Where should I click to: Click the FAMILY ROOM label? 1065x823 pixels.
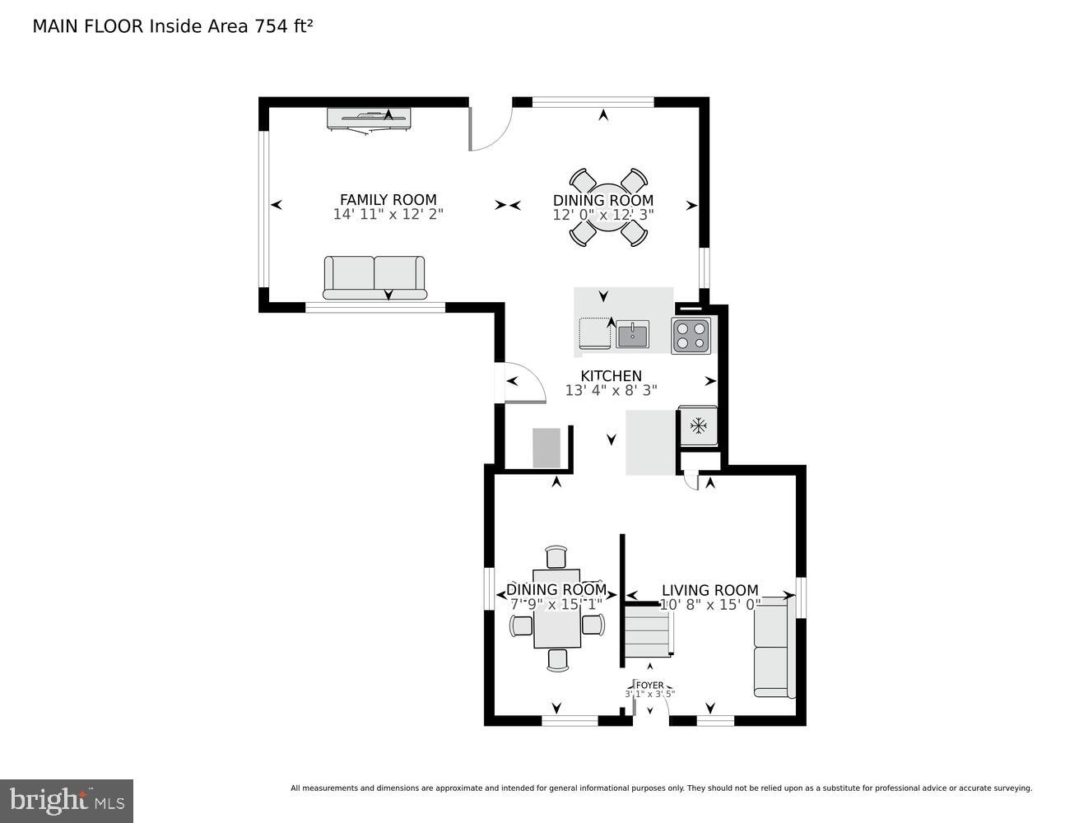point(388,199)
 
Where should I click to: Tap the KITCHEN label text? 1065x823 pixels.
point(611,376)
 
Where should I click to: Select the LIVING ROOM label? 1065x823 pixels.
point(709,590)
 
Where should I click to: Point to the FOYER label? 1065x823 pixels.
point(649,685)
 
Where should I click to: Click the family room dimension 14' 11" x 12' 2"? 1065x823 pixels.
point(388,214)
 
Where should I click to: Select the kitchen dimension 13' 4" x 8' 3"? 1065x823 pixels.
point(611,391)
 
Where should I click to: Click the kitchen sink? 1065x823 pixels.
point(632,335)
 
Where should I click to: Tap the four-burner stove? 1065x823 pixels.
point(691,336)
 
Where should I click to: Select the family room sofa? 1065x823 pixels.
point(374,277)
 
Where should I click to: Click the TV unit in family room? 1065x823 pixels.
point(369,119)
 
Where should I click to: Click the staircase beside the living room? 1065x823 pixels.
point(647,630)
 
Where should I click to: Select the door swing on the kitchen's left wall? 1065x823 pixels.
point(523,384)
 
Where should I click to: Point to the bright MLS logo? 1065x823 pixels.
point(67,800)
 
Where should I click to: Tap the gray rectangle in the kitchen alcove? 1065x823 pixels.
point(546,448)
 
